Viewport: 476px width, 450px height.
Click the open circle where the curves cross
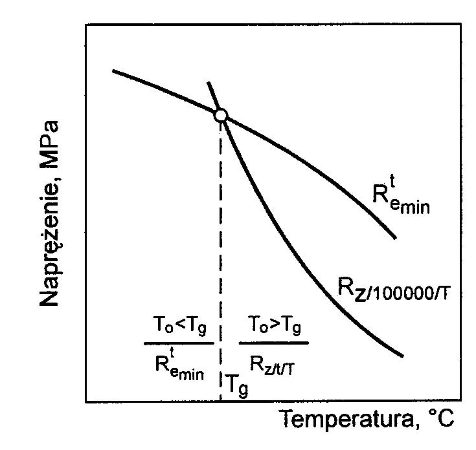pos(221,115)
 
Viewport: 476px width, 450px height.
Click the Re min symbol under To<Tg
pos(177,364)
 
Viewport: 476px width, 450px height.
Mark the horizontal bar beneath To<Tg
pos(178,343)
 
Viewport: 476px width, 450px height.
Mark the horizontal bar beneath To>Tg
pos(273,343)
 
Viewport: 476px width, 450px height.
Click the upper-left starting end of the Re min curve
pos(113,70)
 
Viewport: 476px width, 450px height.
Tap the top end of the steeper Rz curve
pos(208,82)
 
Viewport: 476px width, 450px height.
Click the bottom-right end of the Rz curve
pos(403,356)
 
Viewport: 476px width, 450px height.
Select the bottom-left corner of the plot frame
pos(86,402)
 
